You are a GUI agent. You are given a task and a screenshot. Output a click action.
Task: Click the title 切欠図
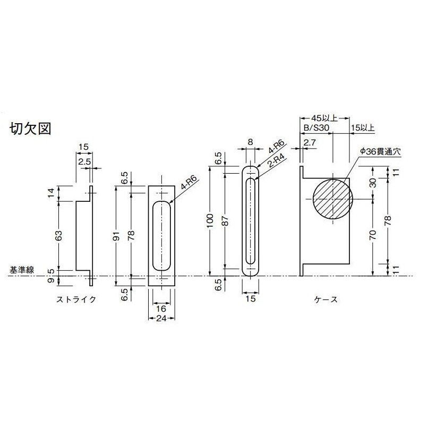30,129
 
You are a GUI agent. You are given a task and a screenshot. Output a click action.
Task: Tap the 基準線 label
21,270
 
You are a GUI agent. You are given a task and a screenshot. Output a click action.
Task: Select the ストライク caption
76,299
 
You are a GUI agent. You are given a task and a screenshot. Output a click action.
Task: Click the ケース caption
326,299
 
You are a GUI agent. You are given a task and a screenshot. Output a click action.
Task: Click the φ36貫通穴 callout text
379,151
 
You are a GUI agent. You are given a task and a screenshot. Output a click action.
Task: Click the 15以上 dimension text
363,128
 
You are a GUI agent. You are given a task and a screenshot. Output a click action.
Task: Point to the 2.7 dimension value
310,143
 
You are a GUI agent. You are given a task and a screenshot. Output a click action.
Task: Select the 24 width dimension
161,319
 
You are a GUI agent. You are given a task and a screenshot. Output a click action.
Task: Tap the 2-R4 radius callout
275,160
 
